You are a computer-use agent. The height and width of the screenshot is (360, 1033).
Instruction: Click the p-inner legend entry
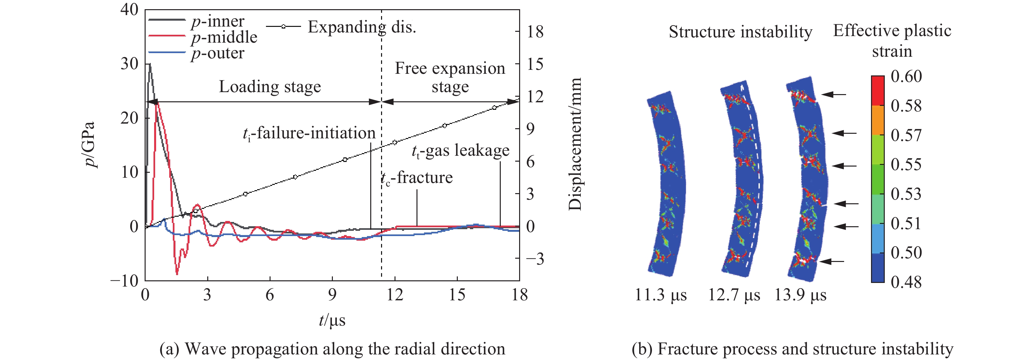(x=217, y=21)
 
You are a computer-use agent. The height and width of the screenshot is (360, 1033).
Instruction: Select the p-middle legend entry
(x=224, y=37)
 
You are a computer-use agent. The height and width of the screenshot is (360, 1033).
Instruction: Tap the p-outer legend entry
(x=217, y=53)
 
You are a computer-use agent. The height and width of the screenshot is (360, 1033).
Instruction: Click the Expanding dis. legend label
(x=362, y=27)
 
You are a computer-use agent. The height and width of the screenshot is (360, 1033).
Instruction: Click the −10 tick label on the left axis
(x=124, y=281)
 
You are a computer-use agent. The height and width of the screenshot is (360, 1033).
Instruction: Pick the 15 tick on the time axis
(x=457, y=295)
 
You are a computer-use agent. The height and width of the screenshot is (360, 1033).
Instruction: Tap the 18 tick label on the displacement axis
(x=535, y=32)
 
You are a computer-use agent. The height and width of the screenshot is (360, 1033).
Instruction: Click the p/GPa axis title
(x=90, y=144)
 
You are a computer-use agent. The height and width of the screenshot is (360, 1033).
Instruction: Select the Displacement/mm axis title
(x=575, y=144)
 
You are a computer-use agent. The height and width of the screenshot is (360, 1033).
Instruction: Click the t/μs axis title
(x=332, y=320)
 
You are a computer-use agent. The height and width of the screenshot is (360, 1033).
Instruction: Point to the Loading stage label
(x=270, y=87)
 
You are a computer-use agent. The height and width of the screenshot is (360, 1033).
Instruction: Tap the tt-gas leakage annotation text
(x=460, y=151)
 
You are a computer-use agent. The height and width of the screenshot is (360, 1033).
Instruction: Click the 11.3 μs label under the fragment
(x=660, y=295)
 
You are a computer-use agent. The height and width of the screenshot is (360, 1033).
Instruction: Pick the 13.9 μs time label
(x=800, y=295)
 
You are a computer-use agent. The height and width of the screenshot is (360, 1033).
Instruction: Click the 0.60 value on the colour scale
(x=906, y=76)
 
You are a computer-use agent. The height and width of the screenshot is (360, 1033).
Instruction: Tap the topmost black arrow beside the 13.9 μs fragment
(x=834, y=95)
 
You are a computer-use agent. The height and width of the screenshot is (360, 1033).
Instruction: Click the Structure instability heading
(x=740, y=32)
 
